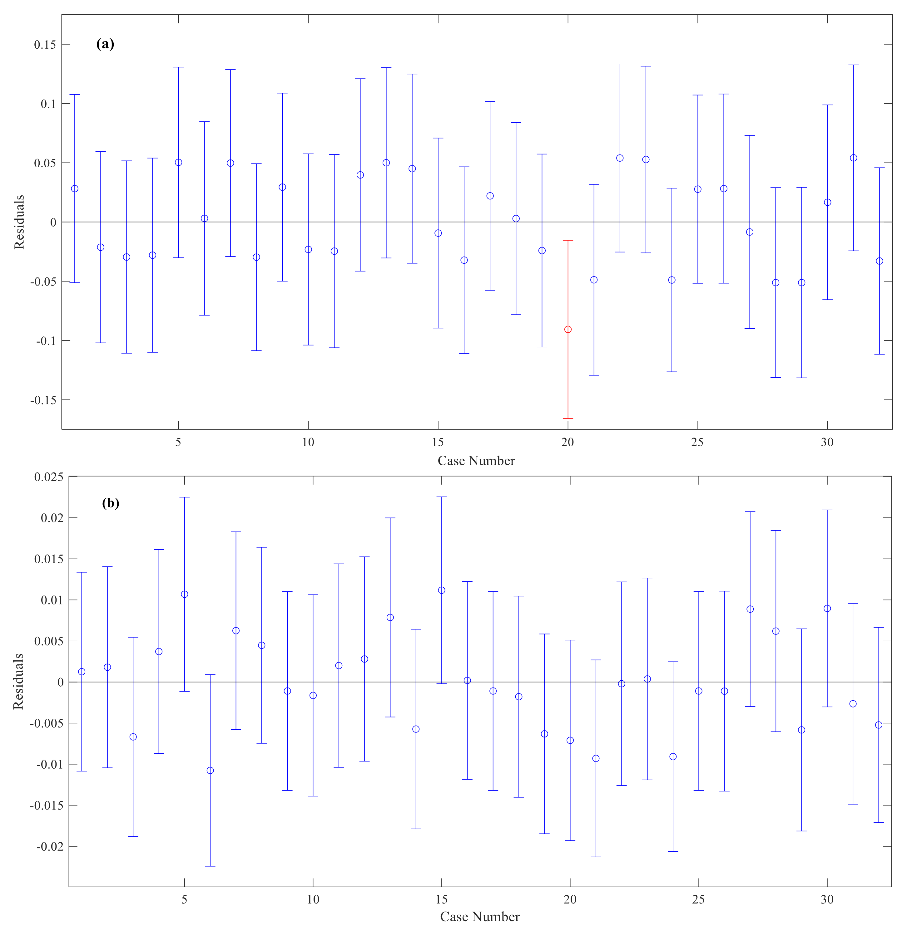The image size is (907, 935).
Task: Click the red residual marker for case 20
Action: click(567, 330)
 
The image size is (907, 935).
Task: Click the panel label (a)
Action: click(105, 44)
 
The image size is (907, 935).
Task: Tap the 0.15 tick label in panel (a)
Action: click(44, 44)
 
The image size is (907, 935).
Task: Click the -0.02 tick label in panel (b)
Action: click(46, 846)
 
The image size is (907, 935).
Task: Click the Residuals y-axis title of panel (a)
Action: click(19, 222)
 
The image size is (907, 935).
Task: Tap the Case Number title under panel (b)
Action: click(480, 916)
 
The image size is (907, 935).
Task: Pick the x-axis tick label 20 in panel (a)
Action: click(567, 442)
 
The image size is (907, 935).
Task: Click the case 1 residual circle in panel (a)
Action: click(74, 189)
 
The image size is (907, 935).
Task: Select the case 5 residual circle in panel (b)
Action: click(184, 595)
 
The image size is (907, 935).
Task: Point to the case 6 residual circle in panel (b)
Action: click(210, 771)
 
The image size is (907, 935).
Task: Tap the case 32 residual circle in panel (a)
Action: click(879, 261)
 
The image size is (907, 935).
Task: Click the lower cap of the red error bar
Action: click(567, 419)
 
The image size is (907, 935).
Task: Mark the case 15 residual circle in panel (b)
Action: click(442, 590)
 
